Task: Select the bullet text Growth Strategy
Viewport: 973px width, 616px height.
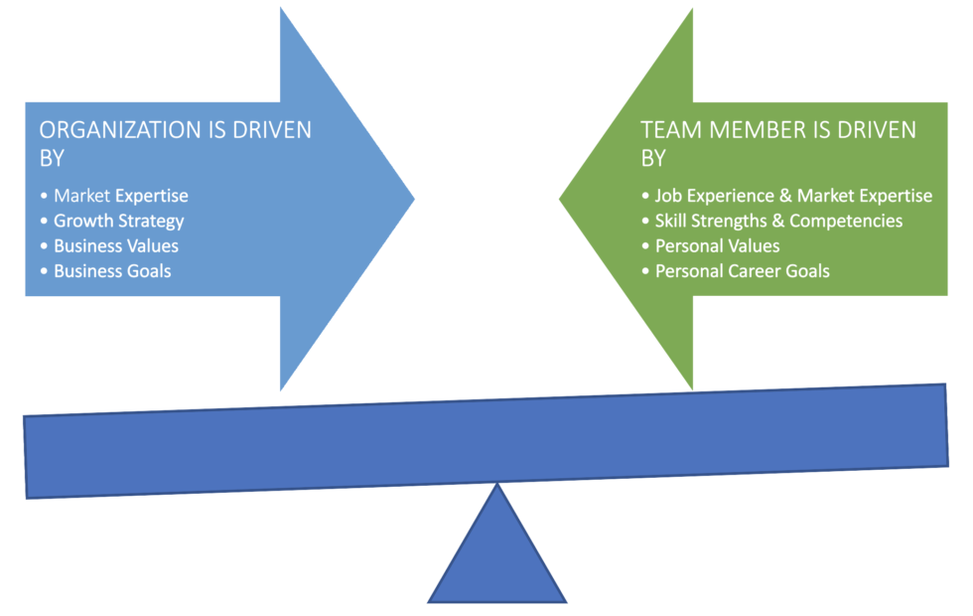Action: tap(118, 221)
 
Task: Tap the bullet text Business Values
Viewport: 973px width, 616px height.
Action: tap(115, 245)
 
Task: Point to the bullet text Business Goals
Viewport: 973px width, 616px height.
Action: tap(112, 270)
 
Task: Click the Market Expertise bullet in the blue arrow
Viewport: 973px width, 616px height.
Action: tap(120, 196)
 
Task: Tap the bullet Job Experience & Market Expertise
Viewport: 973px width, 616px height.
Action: tap(793, 196)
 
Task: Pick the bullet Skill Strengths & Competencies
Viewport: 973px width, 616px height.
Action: tap(778, 221)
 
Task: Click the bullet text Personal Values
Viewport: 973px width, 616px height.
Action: tap(717, 245)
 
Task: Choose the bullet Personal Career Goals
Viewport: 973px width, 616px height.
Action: tap(742, 270)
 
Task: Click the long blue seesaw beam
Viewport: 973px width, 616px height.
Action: tap(486, 443)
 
